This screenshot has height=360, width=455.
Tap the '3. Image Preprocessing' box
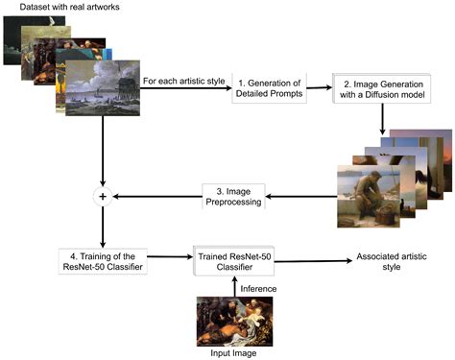[228, 197]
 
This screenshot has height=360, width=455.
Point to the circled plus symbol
[104, 197]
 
